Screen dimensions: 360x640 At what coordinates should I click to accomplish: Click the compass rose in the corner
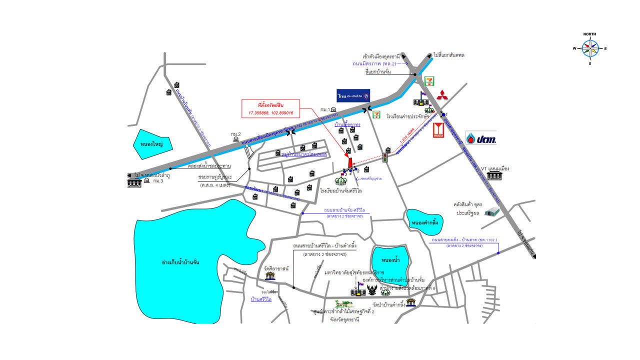(589, 49)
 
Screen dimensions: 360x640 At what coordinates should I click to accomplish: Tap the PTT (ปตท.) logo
(480, 138)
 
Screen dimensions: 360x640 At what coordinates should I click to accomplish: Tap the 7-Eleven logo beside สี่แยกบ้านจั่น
(428, 80)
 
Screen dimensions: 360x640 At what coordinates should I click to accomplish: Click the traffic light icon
(386, 157)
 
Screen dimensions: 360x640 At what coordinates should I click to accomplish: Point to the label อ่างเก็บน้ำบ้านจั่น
(180, 262)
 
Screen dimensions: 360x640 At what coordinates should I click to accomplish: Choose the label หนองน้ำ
(389, 260)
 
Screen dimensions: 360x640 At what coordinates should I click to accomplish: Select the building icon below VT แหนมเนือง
(494, 176)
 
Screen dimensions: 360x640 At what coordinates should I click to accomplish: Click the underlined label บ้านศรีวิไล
(261, 299)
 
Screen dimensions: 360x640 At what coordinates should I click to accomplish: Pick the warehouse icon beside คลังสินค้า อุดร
(492, 212)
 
